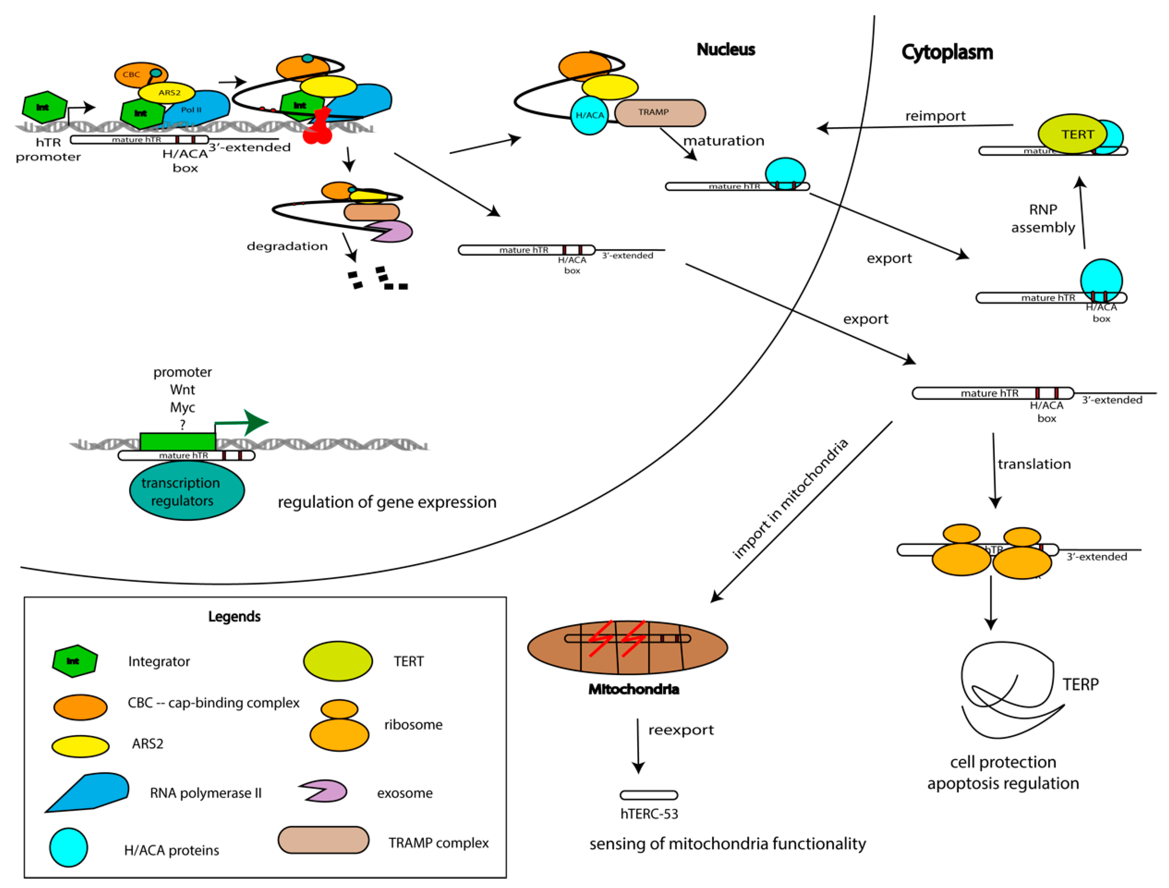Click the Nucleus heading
[x=725, y=50]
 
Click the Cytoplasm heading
[x=947, y=52]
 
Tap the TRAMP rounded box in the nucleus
[x=659, y=113]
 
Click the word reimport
[x=934, y=116]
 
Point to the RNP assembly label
[x=1043, y=218]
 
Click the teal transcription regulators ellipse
[x=186, y=491]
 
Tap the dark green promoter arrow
[x=249, y=422]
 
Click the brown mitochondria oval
[x=627, y=648]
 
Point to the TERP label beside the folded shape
[x=1080, y=685]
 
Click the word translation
[x=1034, y=464]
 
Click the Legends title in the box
[x=234, y=616]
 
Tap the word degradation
[x=287, y=246]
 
